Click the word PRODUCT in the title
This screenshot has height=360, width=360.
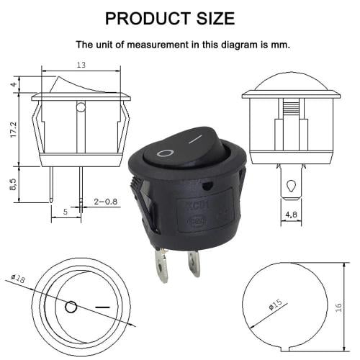pyautogui.click(x=148, y=18)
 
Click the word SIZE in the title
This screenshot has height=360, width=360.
pyautogui.click(x=216, y=18)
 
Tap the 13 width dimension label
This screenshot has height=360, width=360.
pyautogui.click(x=81, y=65)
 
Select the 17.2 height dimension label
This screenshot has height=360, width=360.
pyautogui.click(x=14, y=130)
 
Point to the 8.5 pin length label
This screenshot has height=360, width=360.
pyautogui.click(x=14, y=184)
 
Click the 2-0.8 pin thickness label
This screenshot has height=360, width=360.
pyautogui.click(x=106, y=202)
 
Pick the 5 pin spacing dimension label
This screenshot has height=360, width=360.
pyautogui.click(x=66, y=212)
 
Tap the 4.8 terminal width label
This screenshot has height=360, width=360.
pyautogui.click(x=291, y=215)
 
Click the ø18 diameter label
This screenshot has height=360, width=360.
pyautogui.click(x=18, y=278)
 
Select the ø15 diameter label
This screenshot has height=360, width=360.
pyautogui.click(x=276, y=305)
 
